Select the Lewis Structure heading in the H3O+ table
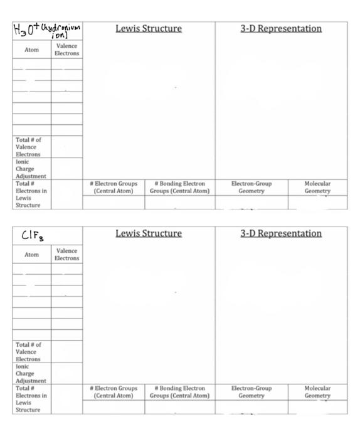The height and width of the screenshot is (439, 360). [x=149, y=28]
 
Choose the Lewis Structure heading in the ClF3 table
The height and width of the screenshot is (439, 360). [x=149, y=233]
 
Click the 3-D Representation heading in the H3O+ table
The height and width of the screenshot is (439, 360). [x=281, y=28]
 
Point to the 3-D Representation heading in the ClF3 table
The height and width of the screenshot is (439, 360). [x=281, y=233]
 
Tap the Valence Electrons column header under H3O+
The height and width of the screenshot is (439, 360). [x=67, y=50]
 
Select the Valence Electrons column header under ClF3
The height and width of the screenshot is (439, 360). [x=66, y=255]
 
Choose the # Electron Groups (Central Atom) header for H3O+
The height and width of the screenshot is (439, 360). [x=115, y=187]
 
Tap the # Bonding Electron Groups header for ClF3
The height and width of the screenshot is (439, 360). [x=179, y=392]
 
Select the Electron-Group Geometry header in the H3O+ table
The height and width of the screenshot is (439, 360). [x=251, y=187]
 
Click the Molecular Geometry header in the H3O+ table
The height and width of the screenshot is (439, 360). [x=317, y=187]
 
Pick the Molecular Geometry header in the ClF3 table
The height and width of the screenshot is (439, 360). [x=317, y=392]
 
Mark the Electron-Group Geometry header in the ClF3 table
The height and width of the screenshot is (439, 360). [x=251, y=392]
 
